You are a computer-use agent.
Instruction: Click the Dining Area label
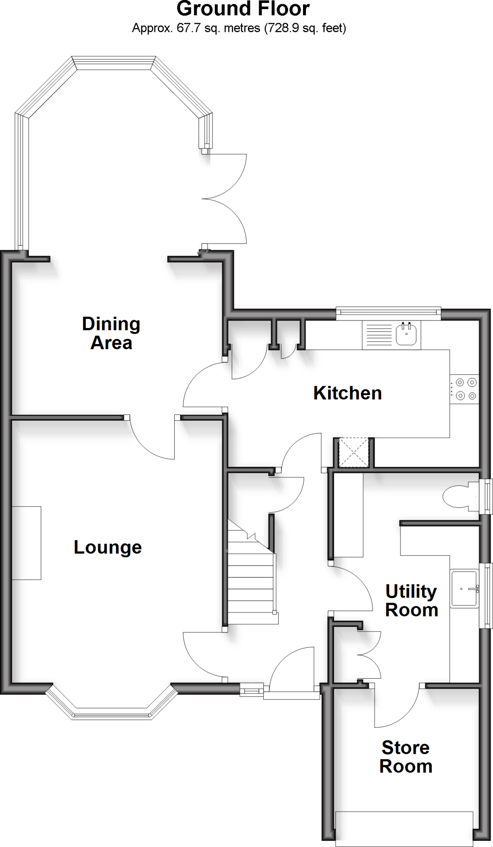[111, 333]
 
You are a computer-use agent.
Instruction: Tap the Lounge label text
[108, 547]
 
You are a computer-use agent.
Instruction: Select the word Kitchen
[347, 393]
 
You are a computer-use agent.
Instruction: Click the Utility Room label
[411, 601]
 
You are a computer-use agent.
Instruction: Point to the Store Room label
[406, 757]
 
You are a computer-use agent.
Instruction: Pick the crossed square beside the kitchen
[354, 453]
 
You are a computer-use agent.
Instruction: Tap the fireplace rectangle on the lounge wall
[26, 543]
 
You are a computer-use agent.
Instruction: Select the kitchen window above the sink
[388, 313]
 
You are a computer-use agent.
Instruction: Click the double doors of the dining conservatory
[226, 199]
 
